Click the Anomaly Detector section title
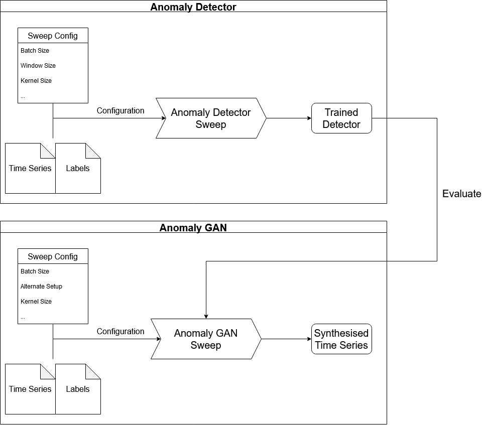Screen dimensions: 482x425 [x=193, y=7]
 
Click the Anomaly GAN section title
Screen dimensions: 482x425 [x=193, y=227]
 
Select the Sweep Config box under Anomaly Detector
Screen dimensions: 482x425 [x=53, y=36]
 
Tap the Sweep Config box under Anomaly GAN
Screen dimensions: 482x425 [x=53, y=256]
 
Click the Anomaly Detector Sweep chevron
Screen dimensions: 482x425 [x=211, y=118]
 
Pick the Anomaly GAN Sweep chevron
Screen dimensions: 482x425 [x=206, y=339]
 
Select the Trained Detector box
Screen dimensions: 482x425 [x=341, y=118]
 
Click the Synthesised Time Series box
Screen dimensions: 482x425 [x=341, y=339]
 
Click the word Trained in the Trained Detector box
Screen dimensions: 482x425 [x=341, y=112]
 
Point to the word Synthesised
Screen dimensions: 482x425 [x=341, y=333]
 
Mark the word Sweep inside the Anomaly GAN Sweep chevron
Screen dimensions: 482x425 [x=206, y=345]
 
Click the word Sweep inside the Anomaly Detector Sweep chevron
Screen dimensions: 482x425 [x=211, y=124]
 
